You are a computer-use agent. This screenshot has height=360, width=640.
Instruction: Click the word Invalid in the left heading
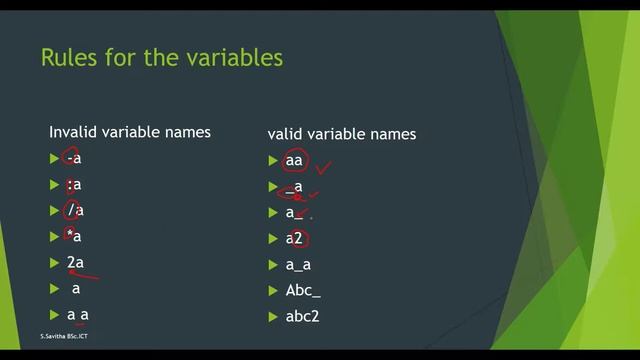pos(73,131)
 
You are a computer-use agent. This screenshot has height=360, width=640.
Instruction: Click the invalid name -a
pos(73,158)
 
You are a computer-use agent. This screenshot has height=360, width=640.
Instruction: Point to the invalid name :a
pos(73,184)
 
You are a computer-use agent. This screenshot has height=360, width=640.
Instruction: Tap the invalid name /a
pos(74,210)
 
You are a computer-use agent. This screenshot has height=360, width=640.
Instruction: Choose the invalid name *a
pos(73,236)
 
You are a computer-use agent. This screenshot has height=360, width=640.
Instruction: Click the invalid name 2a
pos(75,262)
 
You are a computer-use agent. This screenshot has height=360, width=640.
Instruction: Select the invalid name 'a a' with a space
pos(79,314)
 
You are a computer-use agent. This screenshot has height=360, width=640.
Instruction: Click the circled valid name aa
pos(293,160)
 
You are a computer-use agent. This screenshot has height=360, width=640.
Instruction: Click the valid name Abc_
pos(302,291)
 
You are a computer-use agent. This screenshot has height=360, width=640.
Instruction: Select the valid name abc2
pos(303,317)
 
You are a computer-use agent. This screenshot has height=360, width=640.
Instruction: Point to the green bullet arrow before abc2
pos(273,317)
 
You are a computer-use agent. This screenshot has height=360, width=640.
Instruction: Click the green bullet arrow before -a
pos(54,158)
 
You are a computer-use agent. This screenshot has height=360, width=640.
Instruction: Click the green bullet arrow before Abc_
pos(273,291)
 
